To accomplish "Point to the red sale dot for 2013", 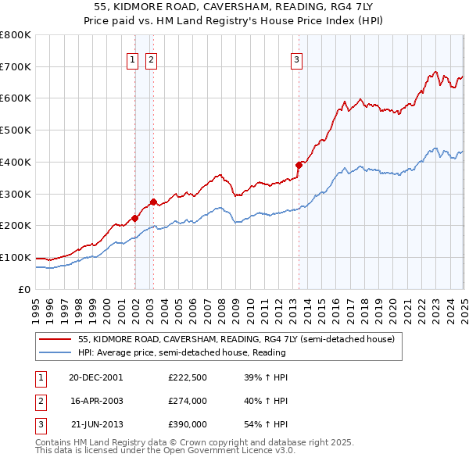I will pyautogui.click(x=299, y=165).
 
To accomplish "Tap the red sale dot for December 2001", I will pyautogui.click(x=135, y=218).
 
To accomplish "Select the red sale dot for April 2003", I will pyautogui.click(x=154, y=202).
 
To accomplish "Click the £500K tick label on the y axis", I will pyautogui.click(x=16, y=130).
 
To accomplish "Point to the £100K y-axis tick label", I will pyautogui.click(x=16, y=257).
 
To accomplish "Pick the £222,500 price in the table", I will pyautogui.click(x=188, y=377).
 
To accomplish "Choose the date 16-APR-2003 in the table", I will pyautogui.click(x=96, y=401).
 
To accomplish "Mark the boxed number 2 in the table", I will pyautogui.click(x=39, y=401).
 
